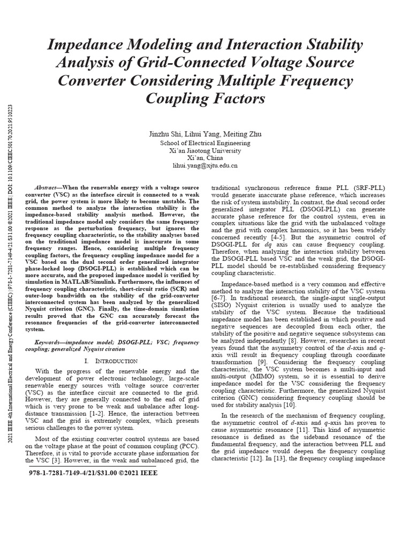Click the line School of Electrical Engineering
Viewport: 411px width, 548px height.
click(205, 143)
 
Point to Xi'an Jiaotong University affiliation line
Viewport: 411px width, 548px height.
click(205, 151)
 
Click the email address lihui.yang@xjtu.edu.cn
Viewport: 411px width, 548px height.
click(205, 166)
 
